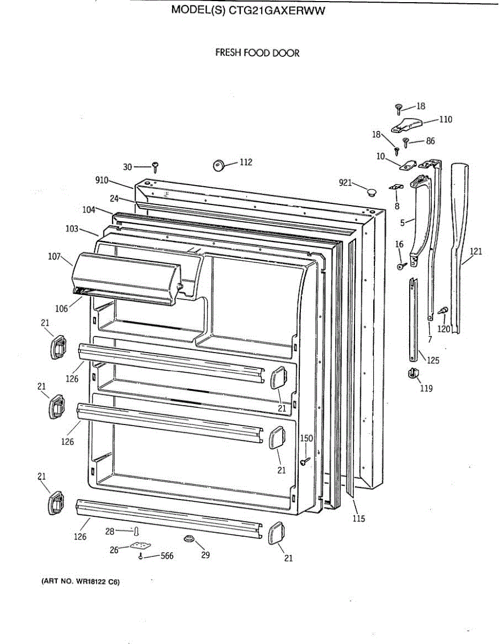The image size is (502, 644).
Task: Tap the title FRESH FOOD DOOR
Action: [x=257, y=53]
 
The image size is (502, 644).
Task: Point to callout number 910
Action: [x=102, y=180]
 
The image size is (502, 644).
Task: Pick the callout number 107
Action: [x=54, y=257]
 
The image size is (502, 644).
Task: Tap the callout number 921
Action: [x=345, y=183]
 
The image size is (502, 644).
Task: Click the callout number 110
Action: [x=445, y=119]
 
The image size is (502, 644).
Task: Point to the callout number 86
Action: [x=430, y=141]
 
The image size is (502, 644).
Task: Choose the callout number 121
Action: [x=476, y=251]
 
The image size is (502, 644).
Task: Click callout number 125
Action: [x=433, y=360]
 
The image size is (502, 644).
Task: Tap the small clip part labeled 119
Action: [x=413, y=373]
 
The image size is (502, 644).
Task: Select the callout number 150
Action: [x=306, y=438]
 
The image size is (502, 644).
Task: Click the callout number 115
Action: [x=358, y=518]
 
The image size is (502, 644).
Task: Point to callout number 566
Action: [x=167, y=556]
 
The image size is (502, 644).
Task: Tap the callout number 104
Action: [x=89, y=209]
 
